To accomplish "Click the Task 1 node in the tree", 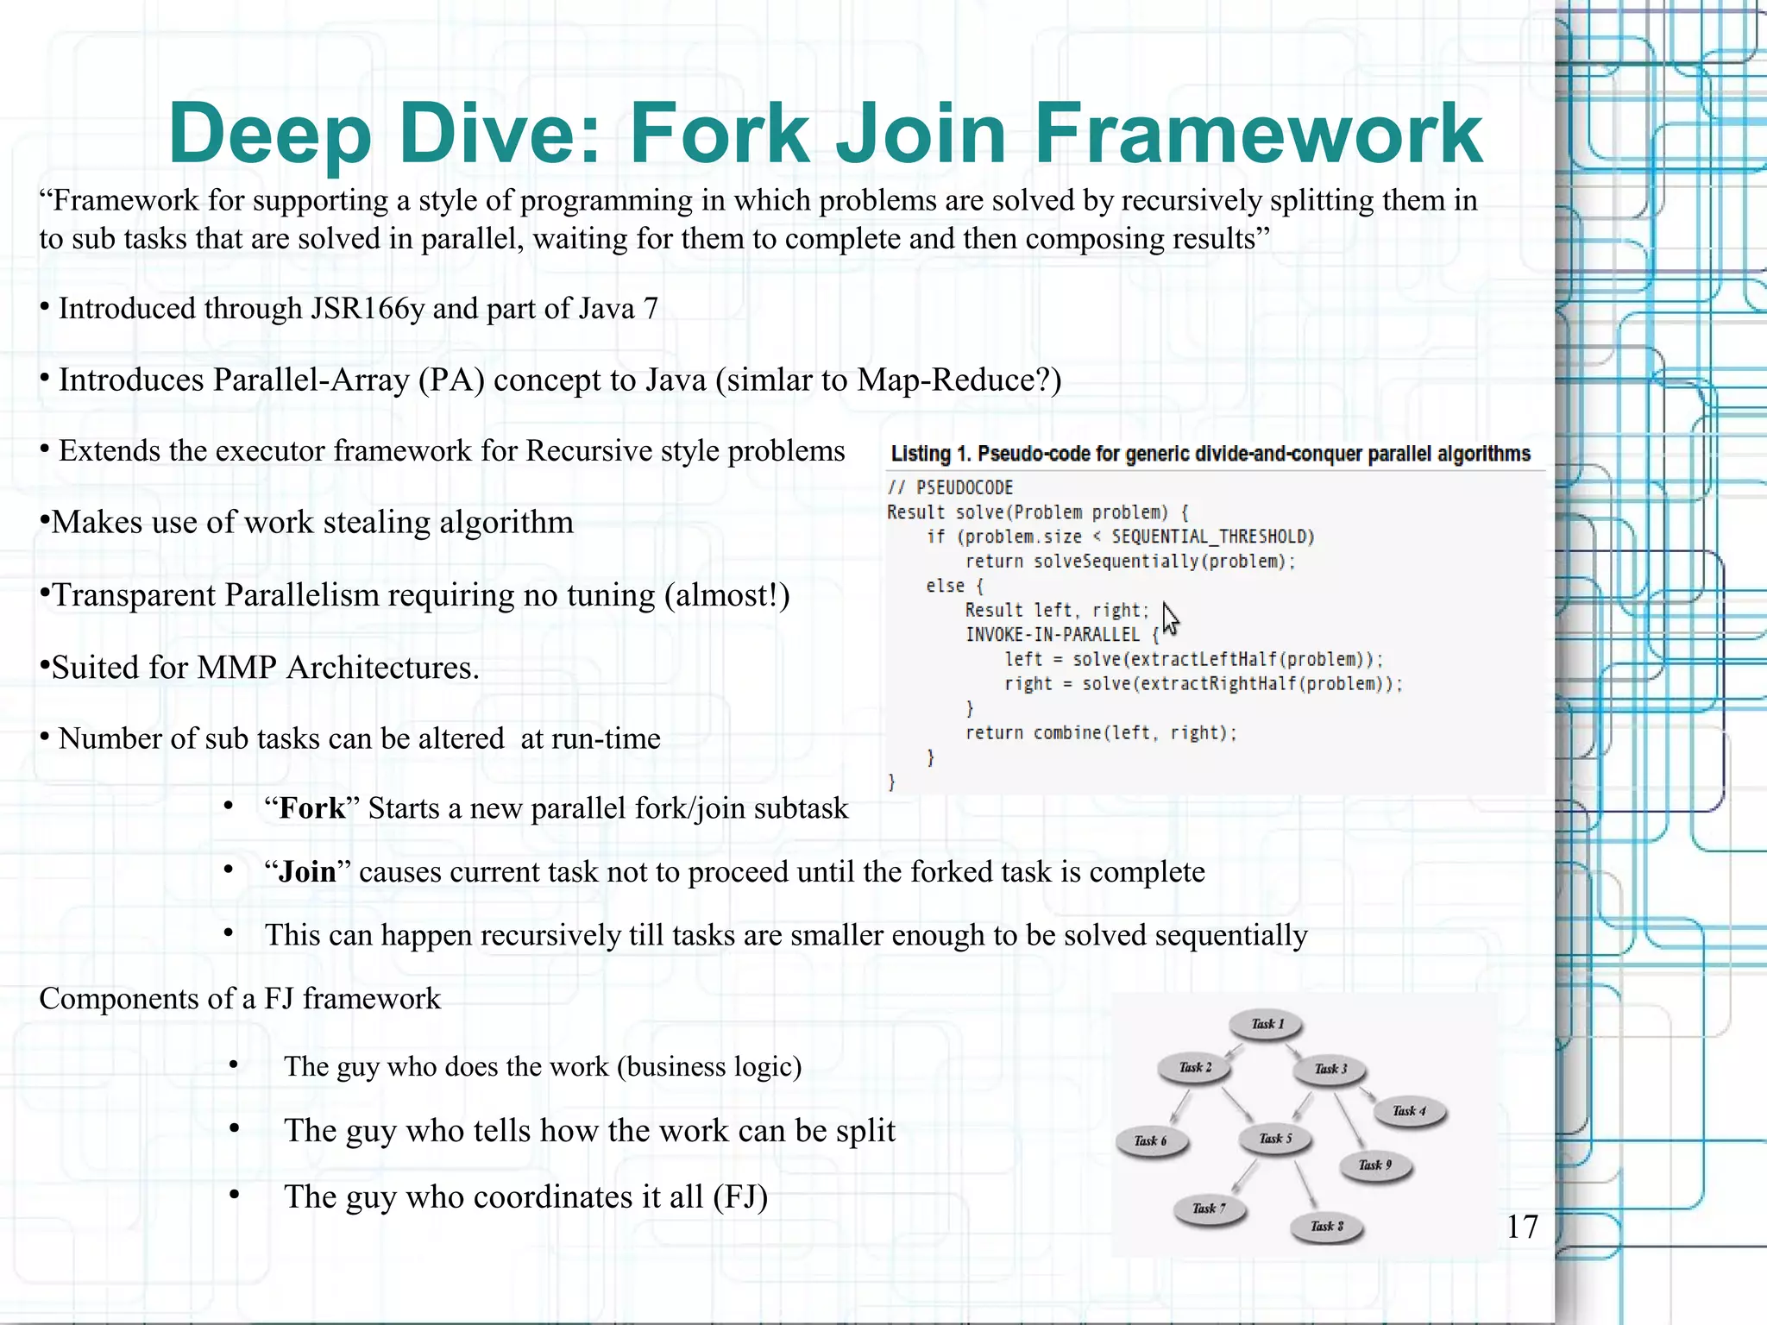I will coord(1267,1025).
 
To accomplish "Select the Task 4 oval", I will coord(1409,1111).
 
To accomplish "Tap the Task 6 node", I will coord(1151,1141).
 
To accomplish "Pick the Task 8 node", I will coord(1327,1227).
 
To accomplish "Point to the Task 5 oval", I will coord(1276,1139).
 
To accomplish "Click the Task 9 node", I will coord(1375,1165).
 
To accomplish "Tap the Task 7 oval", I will coord(1209,1209).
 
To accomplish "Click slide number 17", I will coord(1522,1227).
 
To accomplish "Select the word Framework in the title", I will coord(1258,134).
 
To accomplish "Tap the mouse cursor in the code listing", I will coord(1170,619).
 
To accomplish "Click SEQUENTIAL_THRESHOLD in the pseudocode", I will coord(1212,537).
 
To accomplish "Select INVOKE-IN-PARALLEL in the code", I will coord(1052,635).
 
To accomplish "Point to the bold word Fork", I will coord(312,808).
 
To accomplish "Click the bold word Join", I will coord(307,872).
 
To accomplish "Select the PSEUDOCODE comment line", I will coord(951,487).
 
